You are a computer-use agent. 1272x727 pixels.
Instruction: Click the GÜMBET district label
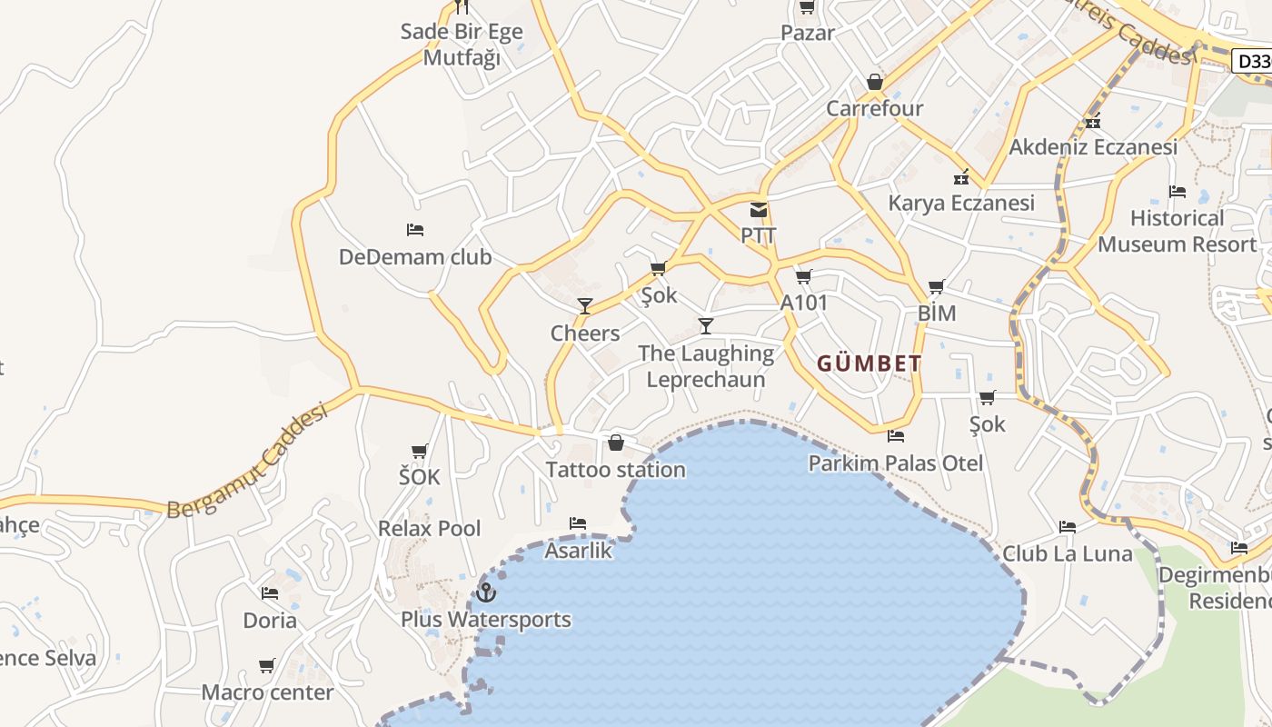(870, 363)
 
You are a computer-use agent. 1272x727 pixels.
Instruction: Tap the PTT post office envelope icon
(759, 210)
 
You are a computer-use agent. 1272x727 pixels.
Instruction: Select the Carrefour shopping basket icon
(874, 83)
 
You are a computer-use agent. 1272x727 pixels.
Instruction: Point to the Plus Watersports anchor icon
(486, 593)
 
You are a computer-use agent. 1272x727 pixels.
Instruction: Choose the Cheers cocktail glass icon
(585, 305)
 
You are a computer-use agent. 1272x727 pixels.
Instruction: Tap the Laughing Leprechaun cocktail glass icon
(706, 325)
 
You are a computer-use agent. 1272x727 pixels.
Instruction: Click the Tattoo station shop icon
(616, 443)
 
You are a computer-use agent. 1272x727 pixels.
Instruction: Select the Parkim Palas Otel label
(896, 463)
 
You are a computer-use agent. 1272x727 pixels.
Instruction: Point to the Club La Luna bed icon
(1068, 526)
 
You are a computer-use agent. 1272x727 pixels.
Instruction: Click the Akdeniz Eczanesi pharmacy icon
(1093, 121)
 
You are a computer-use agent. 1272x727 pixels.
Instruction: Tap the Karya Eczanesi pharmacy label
(961, 203)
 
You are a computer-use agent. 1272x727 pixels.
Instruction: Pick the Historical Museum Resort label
(1178, 231)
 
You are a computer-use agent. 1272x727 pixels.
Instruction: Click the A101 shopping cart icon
(803, 276)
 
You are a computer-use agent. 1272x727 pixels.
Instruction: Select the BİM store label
(937, 314)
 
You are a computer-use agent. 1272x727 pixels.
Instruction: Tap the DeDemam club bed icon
(415, 230)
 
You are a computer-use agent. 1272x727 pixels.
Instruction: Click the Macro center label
(267, 692)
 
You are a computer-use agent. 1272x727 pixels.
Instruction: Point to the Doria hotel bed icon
(270, 593)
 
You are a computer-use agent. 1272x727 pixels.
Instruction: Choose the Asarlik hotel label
(579, 551)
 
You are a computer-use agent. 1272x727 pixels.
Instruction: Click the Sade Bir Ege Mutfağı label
(462, 45)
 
